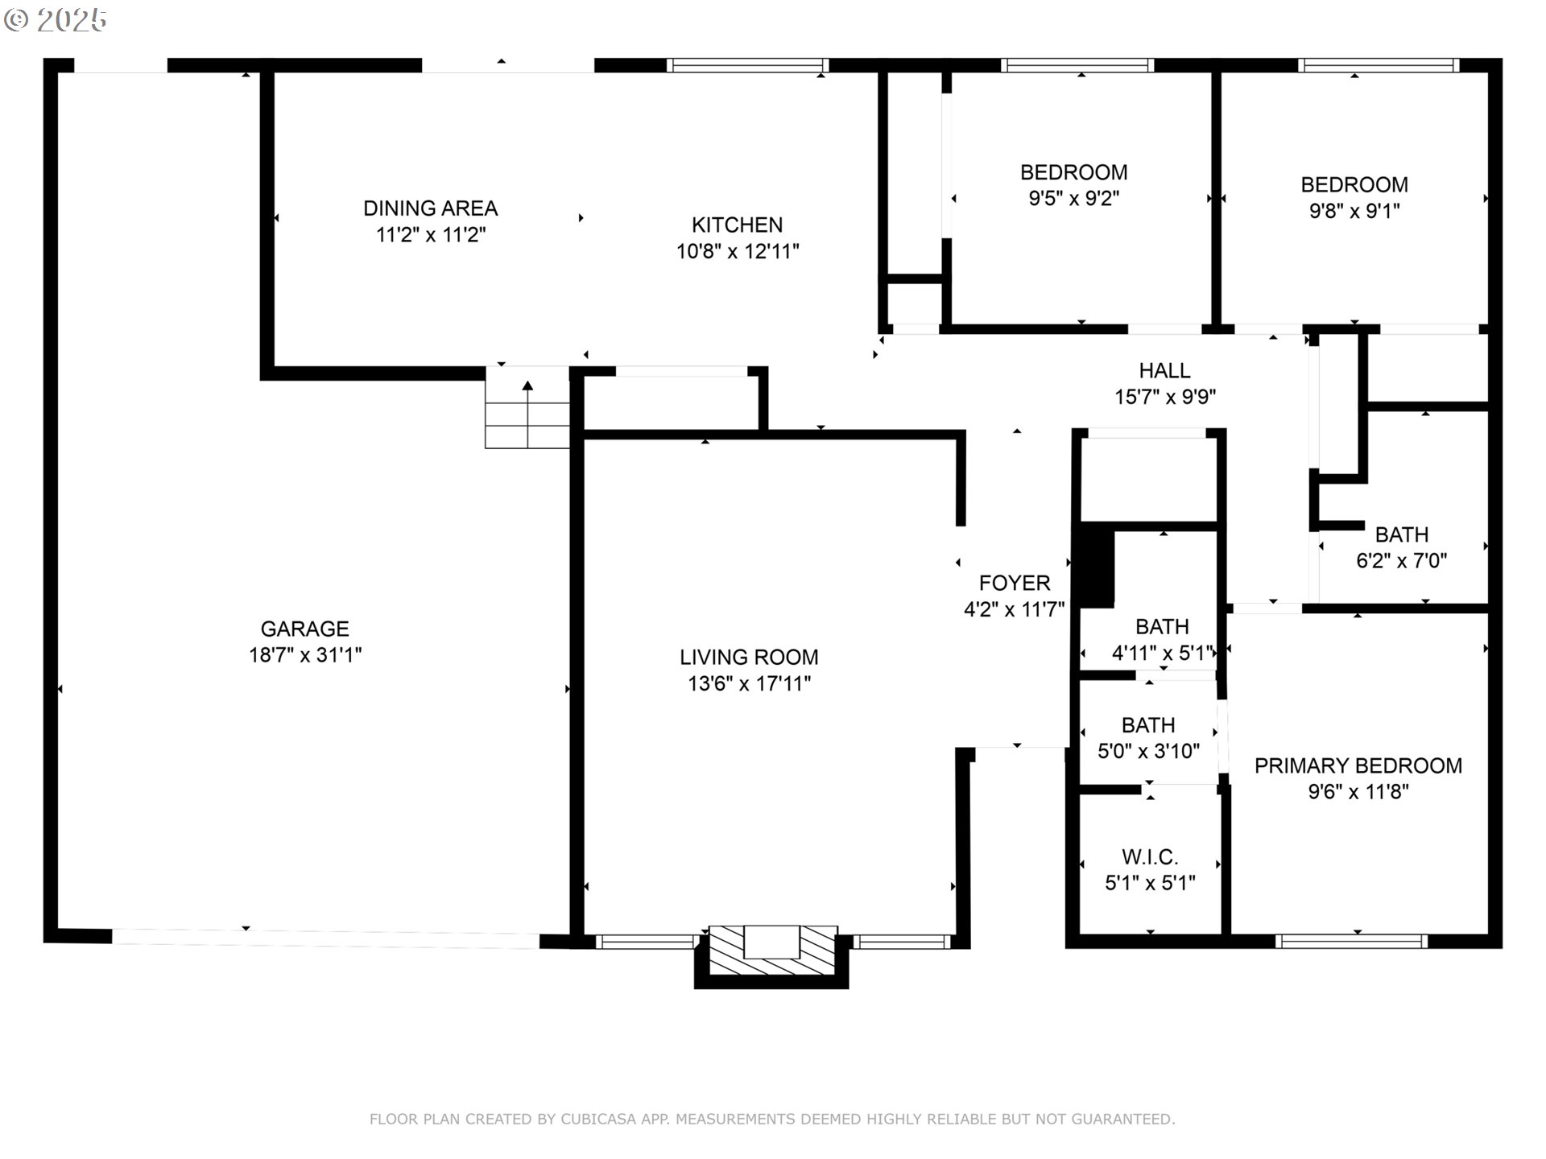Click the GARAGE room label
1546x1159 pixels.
pos(304,629)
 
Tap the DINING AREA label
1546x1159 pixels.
pos(431,208)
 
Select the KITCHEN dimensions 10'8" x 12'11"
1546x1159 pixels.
pos(738,251)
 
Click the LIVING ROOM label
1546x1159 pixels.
pos(749,657)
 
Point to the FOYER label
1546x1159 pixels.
pos(1015,583)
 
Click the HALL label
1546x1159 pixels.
pos(1164,370)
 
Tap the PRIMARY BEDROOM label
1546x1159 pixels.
pos(1358,765)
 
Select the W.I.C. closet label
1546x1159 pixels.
pos(1150,857)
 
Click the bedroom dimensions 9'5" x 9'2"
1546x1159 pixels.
pos(1074,198)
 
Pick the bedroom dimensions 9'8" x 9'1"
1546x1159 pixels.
pos(1354,211)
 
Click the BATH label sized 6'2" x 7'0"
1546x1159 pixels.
pos(1402,534)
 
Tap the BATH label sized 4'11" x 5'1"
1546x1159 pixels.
pos(1162,626)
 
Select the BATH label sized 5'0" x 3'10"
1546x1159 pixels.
pos(1148,725)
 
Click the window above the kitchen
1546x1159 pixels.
pos(748,65)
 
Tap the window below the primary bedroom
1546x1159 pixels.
pos(1351,941)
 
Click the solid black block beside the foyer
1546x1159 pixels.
pos(1094,567)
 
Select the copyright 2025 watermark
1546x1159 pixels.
pos(55,20)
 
